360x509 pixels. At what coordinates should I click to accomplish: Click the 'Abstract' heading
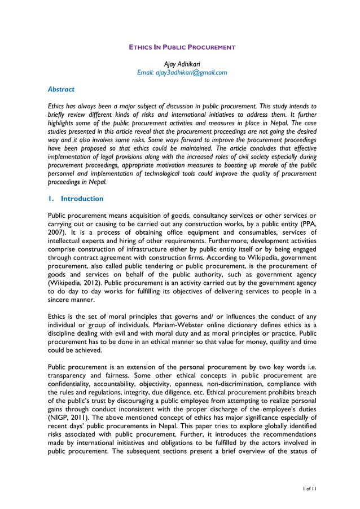click(x=61, y=89)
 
